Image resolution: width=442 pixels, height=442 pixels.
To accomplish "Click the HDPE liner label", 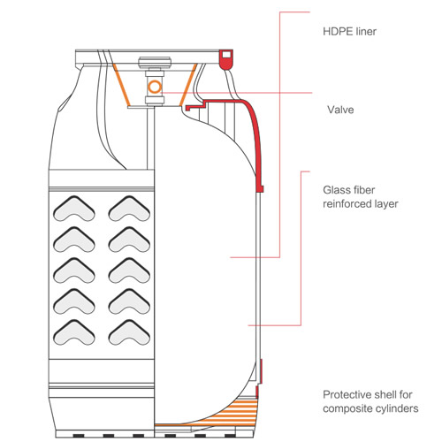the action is (x=349, y=32).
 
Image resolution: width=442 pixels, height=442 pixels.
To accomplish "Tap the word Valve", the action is (x=340, y=110).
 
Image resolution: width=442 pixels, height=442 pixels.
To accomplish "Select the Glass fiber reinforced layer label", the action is (x=361, y=197).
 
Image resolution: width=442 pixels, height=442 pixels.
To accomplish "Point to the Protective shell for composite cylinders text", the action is (x=370, y=401).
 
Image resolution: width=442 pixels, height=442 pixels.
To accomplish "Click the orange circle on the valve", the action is (x=155, y=87).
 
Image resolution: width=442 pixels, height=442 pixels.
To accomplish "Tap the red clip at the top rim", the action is (x=225, y=60).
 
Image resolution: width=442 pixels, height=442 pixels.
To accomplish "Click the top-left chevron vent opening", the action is (x=74, y=209).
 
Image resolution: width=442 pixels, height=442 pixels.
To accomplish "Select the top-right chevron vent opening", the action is (x=129, y=209).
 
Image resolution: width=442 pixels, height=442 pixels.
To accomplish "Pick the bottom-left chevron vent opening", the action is (x=74, y=332).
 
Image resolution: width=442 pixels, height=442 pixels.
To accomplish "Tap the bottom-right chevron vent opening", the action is (x=129, y=332).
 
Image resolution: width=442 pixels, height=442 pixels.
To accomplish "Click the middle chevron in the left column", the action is (x=74, y=271).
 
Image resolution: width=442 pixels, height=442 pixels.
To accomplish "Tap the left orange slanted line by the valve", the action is (x=121, y=85).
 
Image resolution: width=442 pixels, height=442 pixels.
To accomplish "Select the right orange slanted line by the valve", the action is (x=188, y=85).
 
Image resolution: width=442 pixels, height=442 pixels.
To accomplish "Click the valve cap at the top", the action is (x=155, y=63).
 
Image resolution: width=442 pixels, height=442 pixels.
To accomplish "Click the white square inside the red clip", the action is (x=226, y=55).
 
